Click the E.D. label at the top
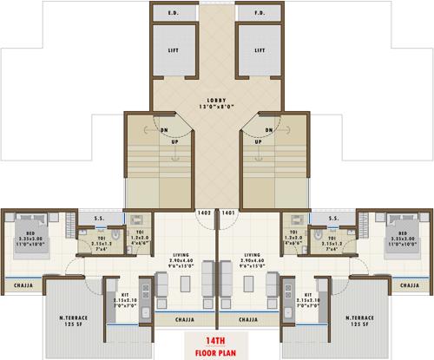[174, 14]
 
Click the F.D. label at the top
[259, 14]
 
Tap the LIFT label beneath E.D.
[174, 51]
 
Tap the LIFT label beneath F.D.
[259, 51]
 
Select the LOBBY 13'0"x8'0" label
[216, 103]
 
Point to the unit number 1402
[204, 213]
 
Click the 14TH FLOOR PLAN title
[216, 347]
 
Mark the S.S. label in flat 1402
[101, 219]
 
